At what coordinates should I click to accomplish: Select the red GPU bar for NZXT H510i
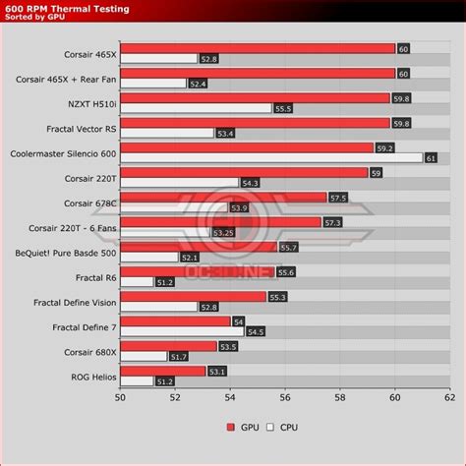(256, 97)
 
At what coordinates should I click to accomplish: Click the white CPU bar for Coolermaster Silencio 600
(271, 157)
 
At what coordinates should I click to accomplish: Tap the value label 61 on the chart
(431, 157)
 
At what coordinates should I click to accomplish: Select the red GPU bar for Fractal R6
(198, 271)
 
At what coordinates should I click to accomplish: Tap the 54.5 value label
(257, 331)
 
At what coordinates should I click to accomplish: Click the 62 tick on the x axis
(449, 397)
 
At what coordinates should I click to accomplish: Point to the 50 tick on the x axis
(120, 397)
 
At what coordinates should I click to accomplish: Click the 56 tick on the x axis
(284, 397)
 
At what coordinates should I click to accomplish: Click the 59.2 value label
(385, 147)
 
